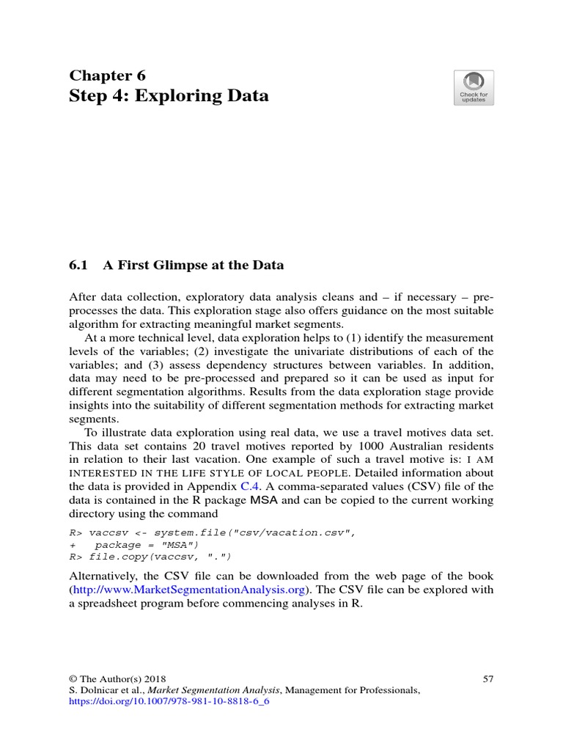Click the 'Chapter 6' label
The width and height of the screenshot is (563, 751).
[x=107, y=76]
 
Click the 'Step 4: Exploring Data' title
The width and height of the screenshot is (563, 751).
[x=169, y=96]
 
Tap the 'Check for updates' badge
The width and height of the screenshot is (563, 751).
[x=474, y=88]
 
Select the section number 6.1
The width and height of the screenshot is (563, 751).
[x=79, y=265]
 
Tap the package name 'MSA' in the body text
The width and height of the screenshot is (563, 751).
[x=265, y=500]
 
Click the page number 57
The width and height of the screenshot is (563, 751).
[x=487, y=679]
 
